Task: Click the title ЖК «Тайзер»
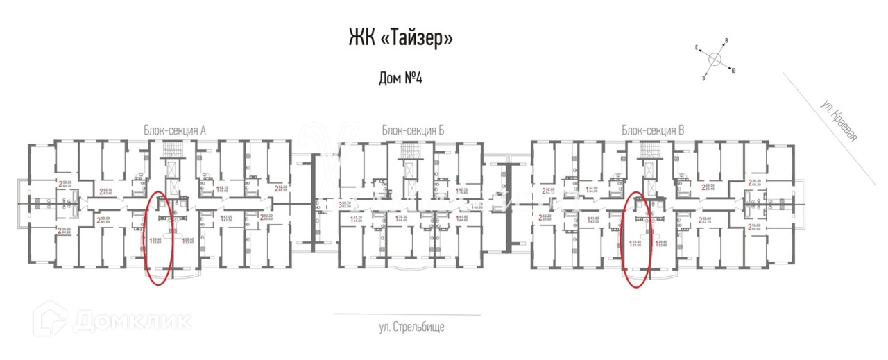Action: tap(400, 37)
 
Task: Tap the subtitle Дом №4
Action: tap(400, 78)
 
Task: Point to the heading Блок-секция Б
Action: tap(412, 130)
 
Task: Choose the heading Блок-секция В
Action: tap(654, 130)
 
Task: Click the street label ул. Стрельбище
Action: tap(412, 326)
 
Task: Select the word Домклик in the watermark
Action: tap(132, 320)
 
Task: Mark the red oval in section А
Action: tap(159, 239)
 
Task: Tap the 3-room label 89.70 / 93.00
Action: tap(345, 203)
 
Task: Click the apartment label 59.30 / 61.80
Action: tap(108, 221)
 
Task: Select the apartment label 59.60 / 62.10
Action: tap(710, 221)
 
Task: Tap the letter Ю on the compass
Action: tap(734, 70)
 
